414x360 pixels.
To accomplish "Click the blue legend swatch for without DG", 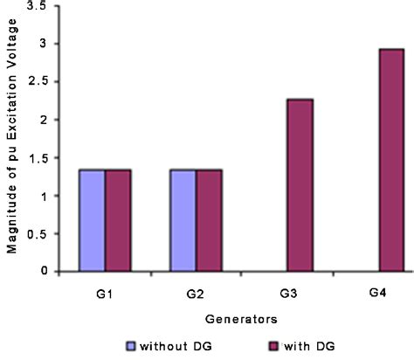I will point(131,343).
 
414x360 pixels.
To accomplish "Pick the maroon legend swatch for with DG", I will point(247,343).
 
